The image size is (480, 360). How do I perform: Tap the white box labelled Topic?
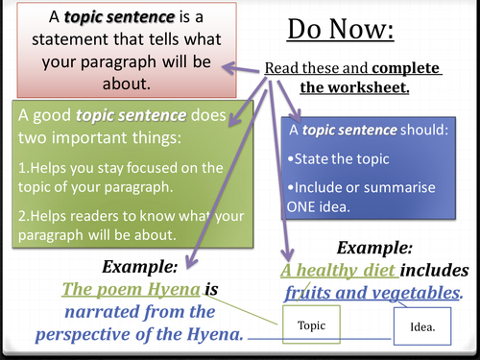311,325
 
